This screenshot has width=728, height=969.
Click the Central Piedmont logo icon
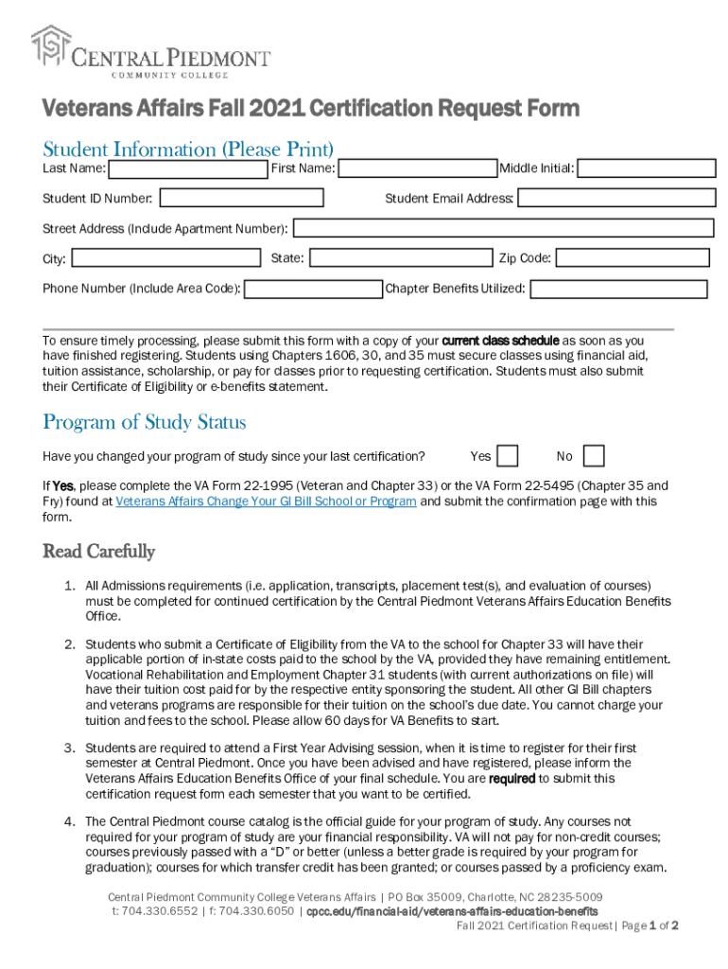pos(51,48)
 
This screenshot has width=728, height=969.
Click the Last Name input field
pos(187,169)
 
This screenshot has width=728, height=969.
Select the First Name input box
pos(418,169)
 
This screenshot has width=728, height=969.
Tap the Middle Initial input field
pos(647,168)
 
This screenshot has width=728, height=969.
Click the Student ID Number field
pos(242,199)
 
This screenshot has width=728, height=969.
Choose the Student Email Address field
pos(616,199)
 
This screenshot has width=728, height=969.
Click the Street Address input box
pos(503,229)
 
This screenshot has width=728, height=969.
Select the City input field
pos(165,258)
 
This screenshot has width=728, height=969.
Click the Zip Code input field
pos(633,258)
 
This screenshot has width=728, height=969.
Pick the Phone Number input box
pos(313,289)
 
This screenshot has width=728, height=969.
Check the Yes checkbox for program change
pos(508,456)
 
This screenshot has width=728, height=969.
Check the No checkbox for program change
pos(594,456)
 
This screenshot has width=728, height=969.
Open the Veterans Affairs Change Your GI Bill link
pos(266,502)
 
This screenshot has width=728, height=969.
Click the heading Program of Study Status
pos(145,422)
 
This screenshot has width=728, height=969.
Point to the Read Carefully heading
pos(98,552)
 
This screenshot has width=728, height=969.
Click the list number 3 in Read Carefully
pos(69,748)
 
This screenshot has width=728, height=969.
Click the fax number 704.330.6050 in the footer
pos(260,911)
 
